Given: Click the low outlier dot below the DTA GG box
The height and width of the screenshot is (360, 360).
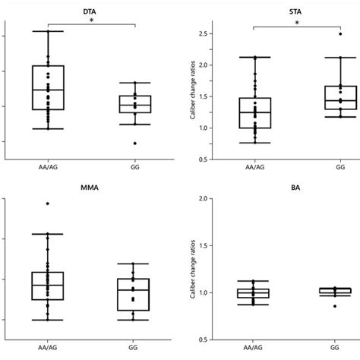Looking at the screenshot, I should pyautogui.click(x=135, y=143).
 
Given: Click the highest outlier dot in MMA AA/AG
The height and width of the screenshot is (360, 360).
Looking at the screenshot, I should pyautogui.click(x=47, y=204).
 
